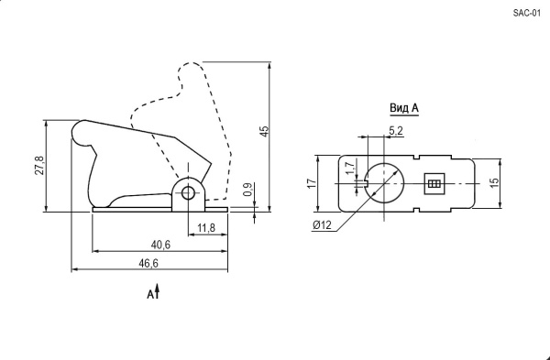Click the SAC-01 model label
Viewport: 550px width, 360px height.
point(527,14)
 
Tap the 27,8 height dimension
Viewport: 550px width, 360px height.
point(39,165)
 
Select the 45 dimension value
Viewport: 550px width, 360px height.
point(265,131)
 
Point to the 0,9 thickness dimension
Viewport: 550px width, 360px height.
point(247,190)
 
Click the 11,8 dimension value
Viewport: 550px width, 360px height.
point(206,228)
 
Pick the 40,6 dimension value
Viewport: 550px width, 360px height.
point(160,245)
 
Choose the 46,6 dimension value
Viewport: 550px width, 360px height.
point(148,263)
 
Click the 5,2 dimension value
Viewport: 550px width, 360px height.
point(396,131)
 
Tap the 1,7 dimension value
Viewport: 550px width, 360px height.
point(350,169)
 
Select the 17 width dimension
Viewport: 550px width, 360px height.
point(312,183)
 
